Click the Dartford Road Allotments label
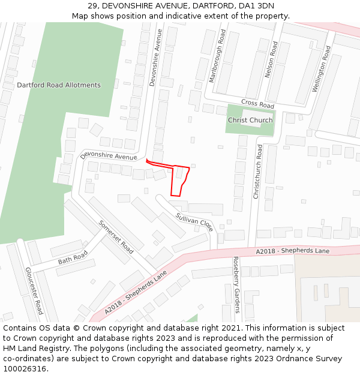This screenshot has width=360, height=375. point(59,85)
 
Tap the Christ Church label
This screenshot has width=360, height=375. point(250,120)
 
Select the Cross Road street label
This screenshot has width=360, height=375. point(257,104)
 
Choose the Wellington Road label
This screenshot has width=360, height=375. point(321,68)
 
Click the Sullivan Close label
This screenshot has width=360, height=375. point(194,222)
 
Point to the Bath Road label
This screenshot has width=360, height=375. point(73,258)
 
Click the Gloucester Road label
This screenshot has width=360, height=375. point(34,290)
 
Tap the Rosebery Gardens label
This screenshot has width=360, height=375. point(236,286)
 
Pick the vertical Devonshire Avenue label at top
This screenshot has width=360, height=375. point(156,58)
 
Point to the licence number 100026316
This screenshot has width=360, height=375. point(26,369)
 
